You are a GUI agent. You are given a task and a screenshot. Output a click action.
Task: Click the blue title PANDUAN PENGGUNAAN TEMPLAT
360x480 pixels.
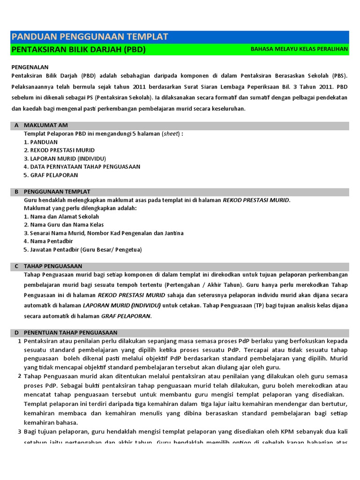[90, 37]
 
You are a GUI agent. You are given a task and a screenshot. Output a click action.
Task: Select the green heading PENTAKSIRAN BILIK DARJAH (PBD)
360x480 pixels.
[78, 50]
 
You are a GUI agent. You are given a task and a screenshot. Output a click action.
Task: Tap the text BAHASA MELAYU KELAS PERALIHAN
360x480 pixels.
[299, 49]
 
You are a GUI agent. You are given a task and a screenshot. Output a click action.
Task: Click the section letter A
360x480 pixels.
[16, 126]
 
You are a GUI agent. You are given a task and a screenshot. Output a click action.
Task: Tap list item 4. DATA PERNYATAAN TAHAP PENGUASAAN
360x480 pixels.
[82, 166]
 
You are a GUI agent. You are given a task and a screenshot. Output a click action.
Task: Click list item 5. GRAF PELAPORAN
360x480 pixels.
[51, 175]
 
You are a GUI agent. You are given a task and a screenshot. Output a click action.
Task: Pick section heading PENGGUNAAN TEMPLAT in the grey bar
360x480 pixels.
[57, 192]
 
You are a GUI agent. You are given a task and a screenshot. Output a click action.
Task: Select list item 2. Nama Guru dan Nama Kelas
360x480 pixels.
[64, 225]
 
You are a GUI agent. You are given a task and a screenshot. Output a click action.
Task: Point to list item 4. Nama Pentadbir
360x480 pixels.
[48, 241]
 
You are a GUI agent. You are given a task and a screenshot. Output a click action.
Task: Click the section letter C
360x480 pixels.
[16, 266]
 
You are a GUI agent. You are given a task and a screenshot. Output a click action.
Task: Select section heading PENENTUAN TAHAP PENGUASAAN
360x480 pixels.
[70, 332]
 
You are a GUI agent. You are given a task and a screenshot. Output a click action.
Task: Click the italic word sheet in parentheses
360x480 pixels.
[171, 134]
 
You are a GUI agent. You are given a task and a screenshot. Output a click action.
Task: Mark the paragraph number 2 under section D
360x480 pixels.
[20, 376]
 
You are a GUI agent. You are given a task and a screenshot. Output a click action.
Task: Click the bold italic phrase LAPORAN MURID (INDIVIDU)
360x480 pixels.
[122, 305]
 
